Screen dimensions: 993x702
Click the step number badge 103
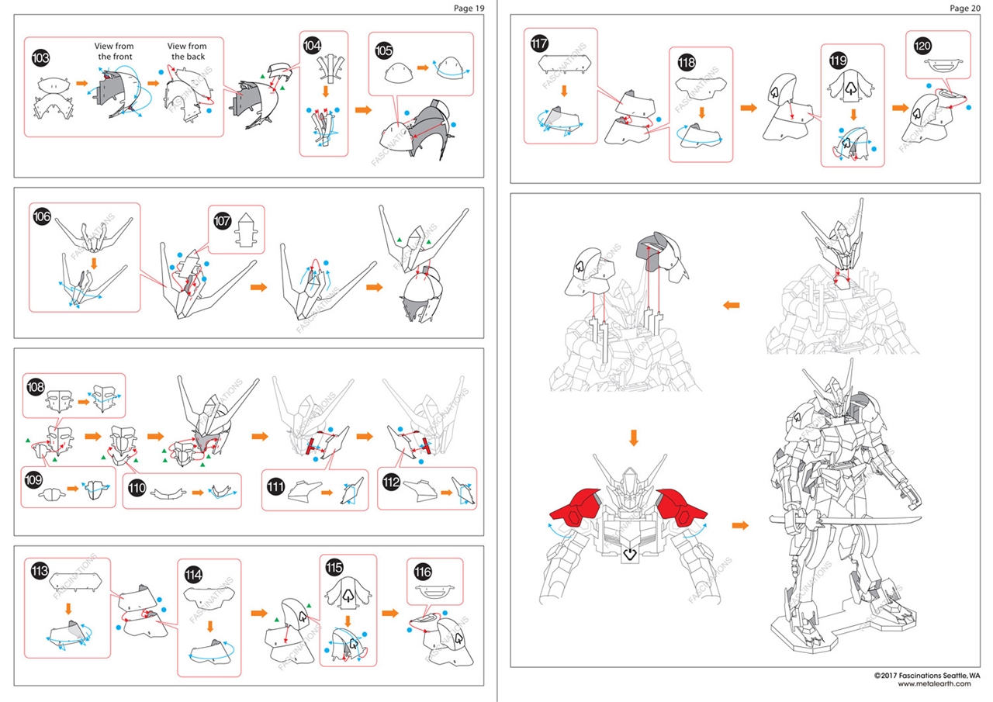click(40, 58)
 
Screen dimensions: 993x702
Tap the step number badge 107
click(222, 221)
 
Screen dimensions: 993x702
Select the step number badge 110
click(137, 488)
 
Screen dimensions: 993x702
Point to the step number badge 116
click(423, 572)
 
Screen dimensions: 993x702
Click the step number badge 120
click(922, 46)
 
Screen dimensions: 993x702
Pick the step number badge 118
click(687, 62)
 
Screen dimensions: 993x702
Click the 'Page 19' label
click(469, 8)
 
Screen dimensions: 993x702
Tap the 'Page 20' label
click(965, 8)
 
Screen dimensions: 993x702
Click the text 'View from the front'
click(114, 51)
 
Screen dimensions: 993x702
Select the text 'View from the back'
click(187, 51)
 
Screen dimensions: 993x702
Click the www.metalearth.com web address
click(935, 684)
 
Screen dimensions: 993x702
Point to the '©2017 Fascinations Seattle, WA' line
click(927, 676)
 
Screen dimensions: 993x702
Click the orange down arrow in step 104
click(325, 92)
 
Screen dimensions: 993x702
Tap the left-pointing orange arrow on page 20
click(731, 305)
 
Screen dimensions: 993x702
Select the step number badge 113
click(40, 570)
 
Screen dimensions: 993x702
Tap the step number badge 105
click(384, 50)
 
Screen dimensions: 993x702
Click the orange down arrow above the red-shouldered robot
click(634, 437)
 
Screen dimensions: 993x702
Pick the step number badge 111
click(275, 487)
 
